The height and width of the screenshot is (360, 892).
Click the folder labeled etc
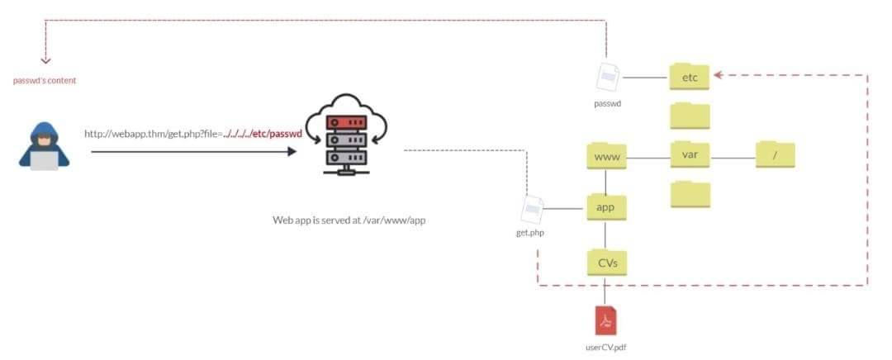coord(690,77)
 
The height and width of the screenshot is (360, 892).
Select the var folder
coord(690,154)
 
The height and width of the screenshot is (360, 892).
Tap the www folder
coord(606,156)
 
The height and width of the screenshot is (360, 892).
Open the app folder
coord(606,207)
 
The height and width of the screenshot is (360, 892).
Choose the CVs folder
coord(607,263)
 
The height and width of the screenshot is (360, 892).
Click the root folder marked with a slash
coord(775,154)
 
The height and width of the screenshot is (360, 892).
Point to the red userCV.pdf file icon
coord(605,320)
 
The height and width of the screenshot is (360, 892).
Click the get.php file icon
coord(532,210)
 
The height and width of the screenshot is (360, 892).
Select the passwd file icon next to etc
coord(608,77)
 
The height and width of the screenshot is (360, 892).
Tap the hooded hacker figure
coord(44,145)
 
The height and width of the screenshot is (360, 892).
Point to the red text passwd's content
coord(45,81)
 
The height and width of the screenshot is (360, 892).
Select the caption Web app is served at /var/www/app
coord(349,220)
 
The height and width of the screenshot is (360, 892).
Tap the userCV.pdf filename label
coord(605,346)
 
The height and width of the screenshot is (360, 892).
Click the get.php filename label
coord(530,233)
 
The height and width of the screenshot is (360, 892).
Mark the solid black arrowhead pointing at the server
coord(292,152)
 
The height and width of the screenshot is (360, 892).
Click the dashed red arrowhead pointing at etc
coord(718,74)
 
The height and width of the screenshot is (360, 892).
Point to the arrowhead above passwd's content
coord(45,59)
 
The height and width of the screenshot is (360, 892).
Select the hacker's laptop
coord(44,161)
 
